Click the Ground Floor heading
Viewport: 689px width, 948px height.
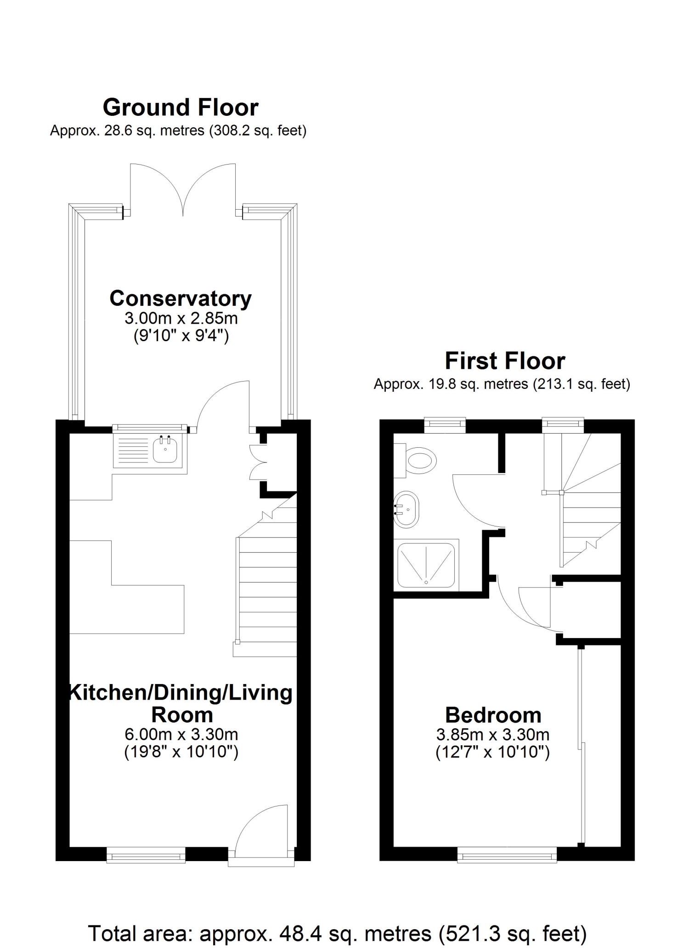click(x=181, y=108)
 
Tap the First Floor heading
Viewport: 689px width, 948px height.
click(x=505, y=361)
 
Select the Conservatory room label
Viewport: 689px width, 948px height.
click(x=181, y=298)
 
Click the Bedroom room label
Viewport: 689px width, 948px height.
click(x=493, y=715)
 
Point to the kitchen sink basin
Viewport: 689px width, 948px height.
click(x=165, y=449)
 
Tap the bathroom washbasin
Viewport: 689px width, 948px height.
click(x=407, y=509)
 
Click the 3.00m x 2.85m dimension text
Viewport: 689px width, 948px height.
click(x=181, y=318)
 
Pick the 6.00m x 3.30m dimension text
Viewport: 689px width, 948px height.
click(x=181, y=735)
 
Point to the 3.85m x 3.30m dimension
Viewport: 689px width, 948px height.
click(x=493, y=735)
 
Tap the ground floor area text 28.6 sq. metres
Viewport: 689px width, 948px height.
click(x=178, y=131)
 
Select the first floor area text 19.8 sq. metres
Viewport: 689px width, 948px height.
click(x=502, y=384)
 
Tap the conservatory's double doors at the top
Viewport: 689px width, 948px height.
click(x=183, y=189)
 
